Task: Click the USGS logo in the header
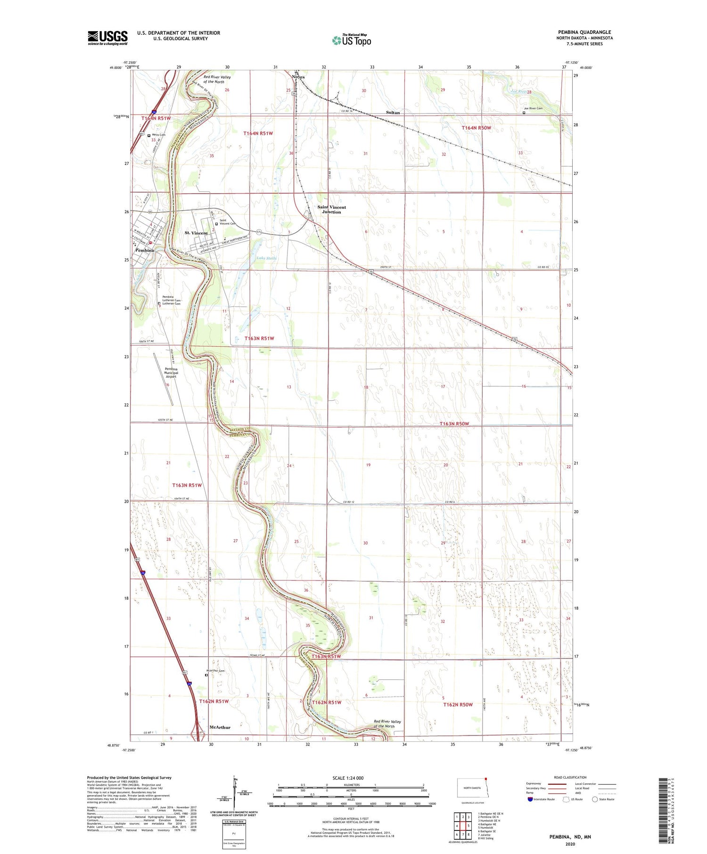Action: [x=107, y=38]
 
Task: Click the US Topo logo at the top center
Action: [x=351, y=40]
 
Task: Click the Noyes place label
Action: [x=298, y=77]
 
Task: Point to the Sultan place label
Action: [x=393, y=113]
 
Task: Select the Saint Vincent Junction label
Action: [x=331, y=210]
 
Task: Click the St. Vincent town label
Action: [x=196, y=233]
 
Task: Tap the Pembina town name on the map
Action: [x=144, y=251]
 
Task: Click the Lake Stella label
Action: [x=266, y=258]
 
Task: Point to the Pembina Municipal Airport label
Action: [x=171, y=373]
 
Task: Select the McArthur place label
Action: [x=220, y=727]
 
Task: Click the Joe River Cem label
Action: [x=533, y=108]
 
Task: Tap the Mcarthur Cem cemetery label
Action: [x=215, y=671]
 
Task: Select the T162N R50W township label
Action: [x=458, y=705]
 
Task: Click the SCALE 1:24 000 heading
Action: [x=348, y=778]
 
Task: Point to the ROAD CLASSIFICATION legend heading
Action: [x=570, y=778]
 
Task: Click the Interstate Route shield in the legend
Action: [x=530, y=799]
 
